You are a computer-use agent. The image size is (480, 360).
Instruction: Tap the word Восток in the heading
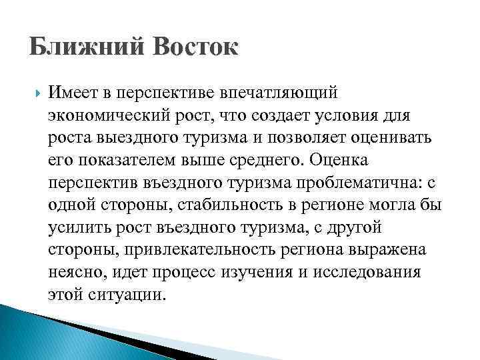coord(195,49)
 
